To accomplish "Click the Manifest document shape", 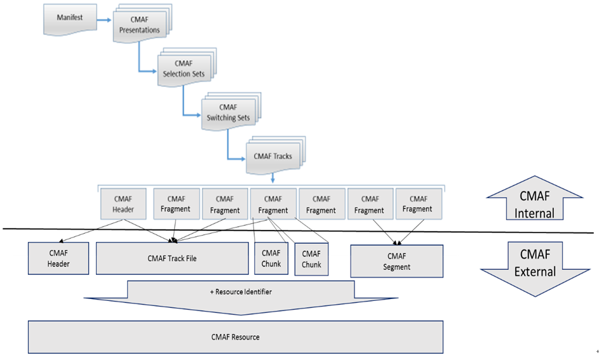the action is tap(70, 20).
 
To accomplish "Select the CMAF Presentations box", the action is tap(142, 23).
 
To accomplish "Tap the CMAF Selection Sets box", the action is tap(187, 67).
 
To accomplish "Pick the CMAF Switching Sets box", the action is tap(231, 111).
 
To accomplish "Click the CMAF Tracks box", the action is tap(276, 156).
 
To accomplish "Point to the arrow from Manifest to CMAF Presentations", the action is tap(104, 20).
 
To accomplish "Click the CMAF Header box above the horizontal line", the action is tap(123, 204).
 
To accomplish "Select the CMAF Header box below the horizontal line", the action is tap(58, 258).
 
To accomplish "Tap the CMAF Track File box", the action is tap(172, 258).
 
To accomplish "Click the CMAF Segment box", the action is tap(397, 261).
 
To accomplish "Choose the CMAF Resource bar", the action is tap(236, 337).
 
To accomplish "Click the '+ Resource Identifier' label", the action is tap(241, 292).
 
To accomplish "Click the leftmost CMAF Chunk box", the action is tap(271, 258).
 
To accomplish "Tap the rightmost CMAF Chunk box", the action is tap(311, 259).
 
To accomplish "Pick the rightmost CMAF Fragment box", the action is tap(419, 204).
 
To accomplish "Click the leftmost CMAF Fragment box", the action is tap(176, 204).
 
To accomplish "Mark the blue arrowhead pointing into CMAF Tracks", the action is tap(242, 159).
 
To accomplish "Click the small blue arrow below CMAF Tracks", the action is tap(273, 178).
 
